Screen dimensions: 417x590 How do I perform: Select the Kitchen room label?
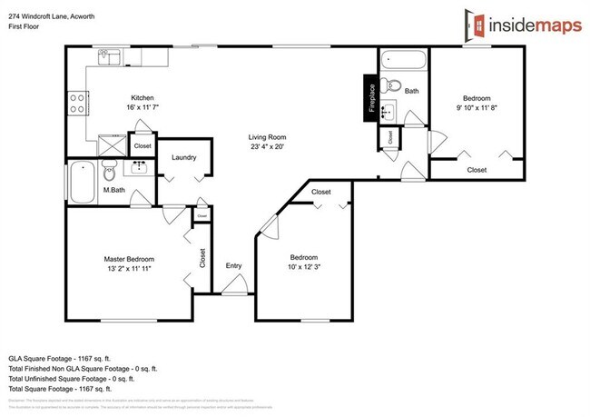(142, 98)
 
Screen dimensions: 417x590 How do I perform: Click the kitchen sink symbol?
(110, 57)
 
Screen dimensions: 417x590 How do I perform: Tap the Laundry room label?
(183, 157)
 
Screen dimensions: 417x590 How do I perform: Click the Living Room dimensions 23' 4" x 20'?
(268, 147)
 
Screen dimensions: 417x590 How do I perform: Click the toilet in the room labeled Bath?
(391, 87)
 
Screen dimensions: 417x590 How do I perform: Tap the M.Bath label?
(113, 189)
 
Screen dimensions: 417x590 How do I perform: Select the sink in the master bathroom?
(140, 168)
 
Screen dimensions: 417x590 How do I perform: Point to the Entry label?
(233, 265)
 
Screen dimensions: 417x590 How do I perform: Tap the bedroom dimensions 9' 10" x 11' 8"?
(477, 107)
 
